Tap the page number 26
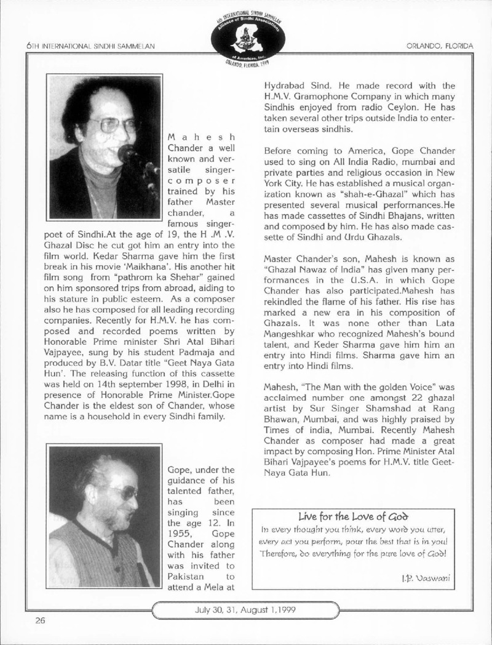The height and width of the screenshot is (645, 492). tap(40, 620)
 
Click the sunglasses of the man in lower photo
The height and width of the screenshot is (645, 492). tap(125, 491)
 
